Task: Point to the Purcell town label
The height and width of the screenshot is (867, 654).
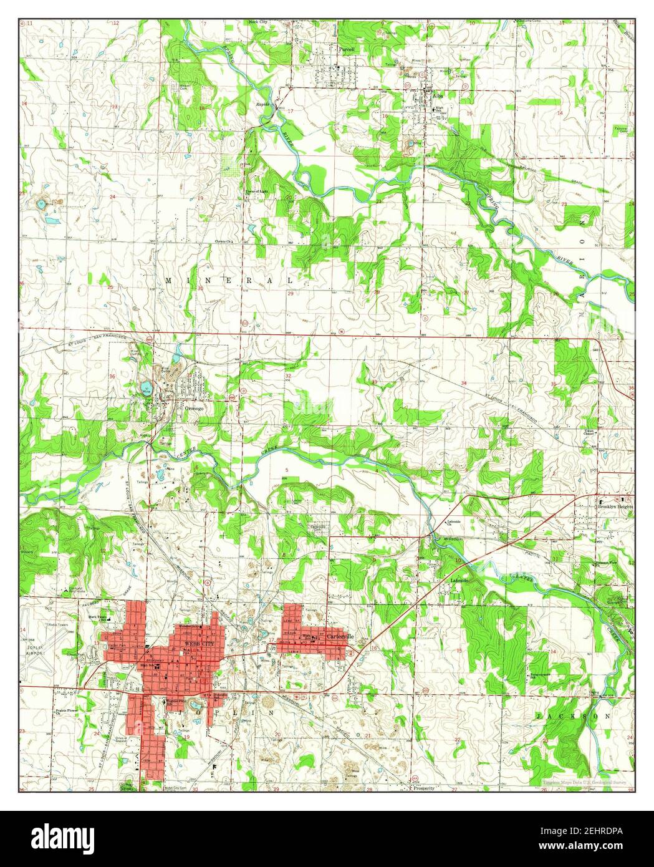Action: pyautogui.click(x=346, y=47)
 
